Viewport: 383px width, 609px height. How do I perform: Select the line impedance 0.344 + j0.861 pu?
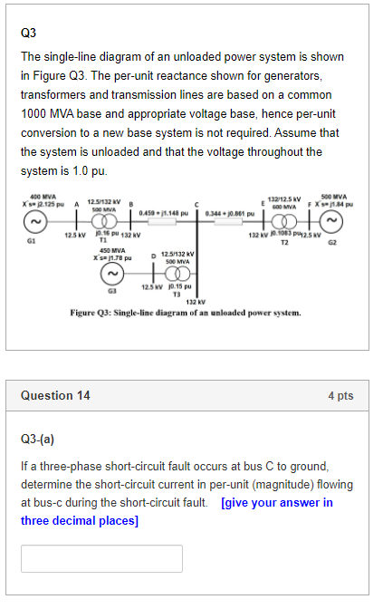click(233, 214)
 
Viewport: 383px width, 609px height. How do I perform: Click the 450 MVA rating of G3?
click(111, 250)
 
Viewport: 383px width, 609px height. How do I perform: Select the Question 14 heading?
click(55, 395)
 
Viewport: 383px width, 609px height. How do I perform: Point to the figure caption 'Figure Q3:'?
click(96, 313)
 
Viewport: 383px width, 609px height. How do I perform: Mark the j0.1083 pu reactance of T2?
click(284, 233)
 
